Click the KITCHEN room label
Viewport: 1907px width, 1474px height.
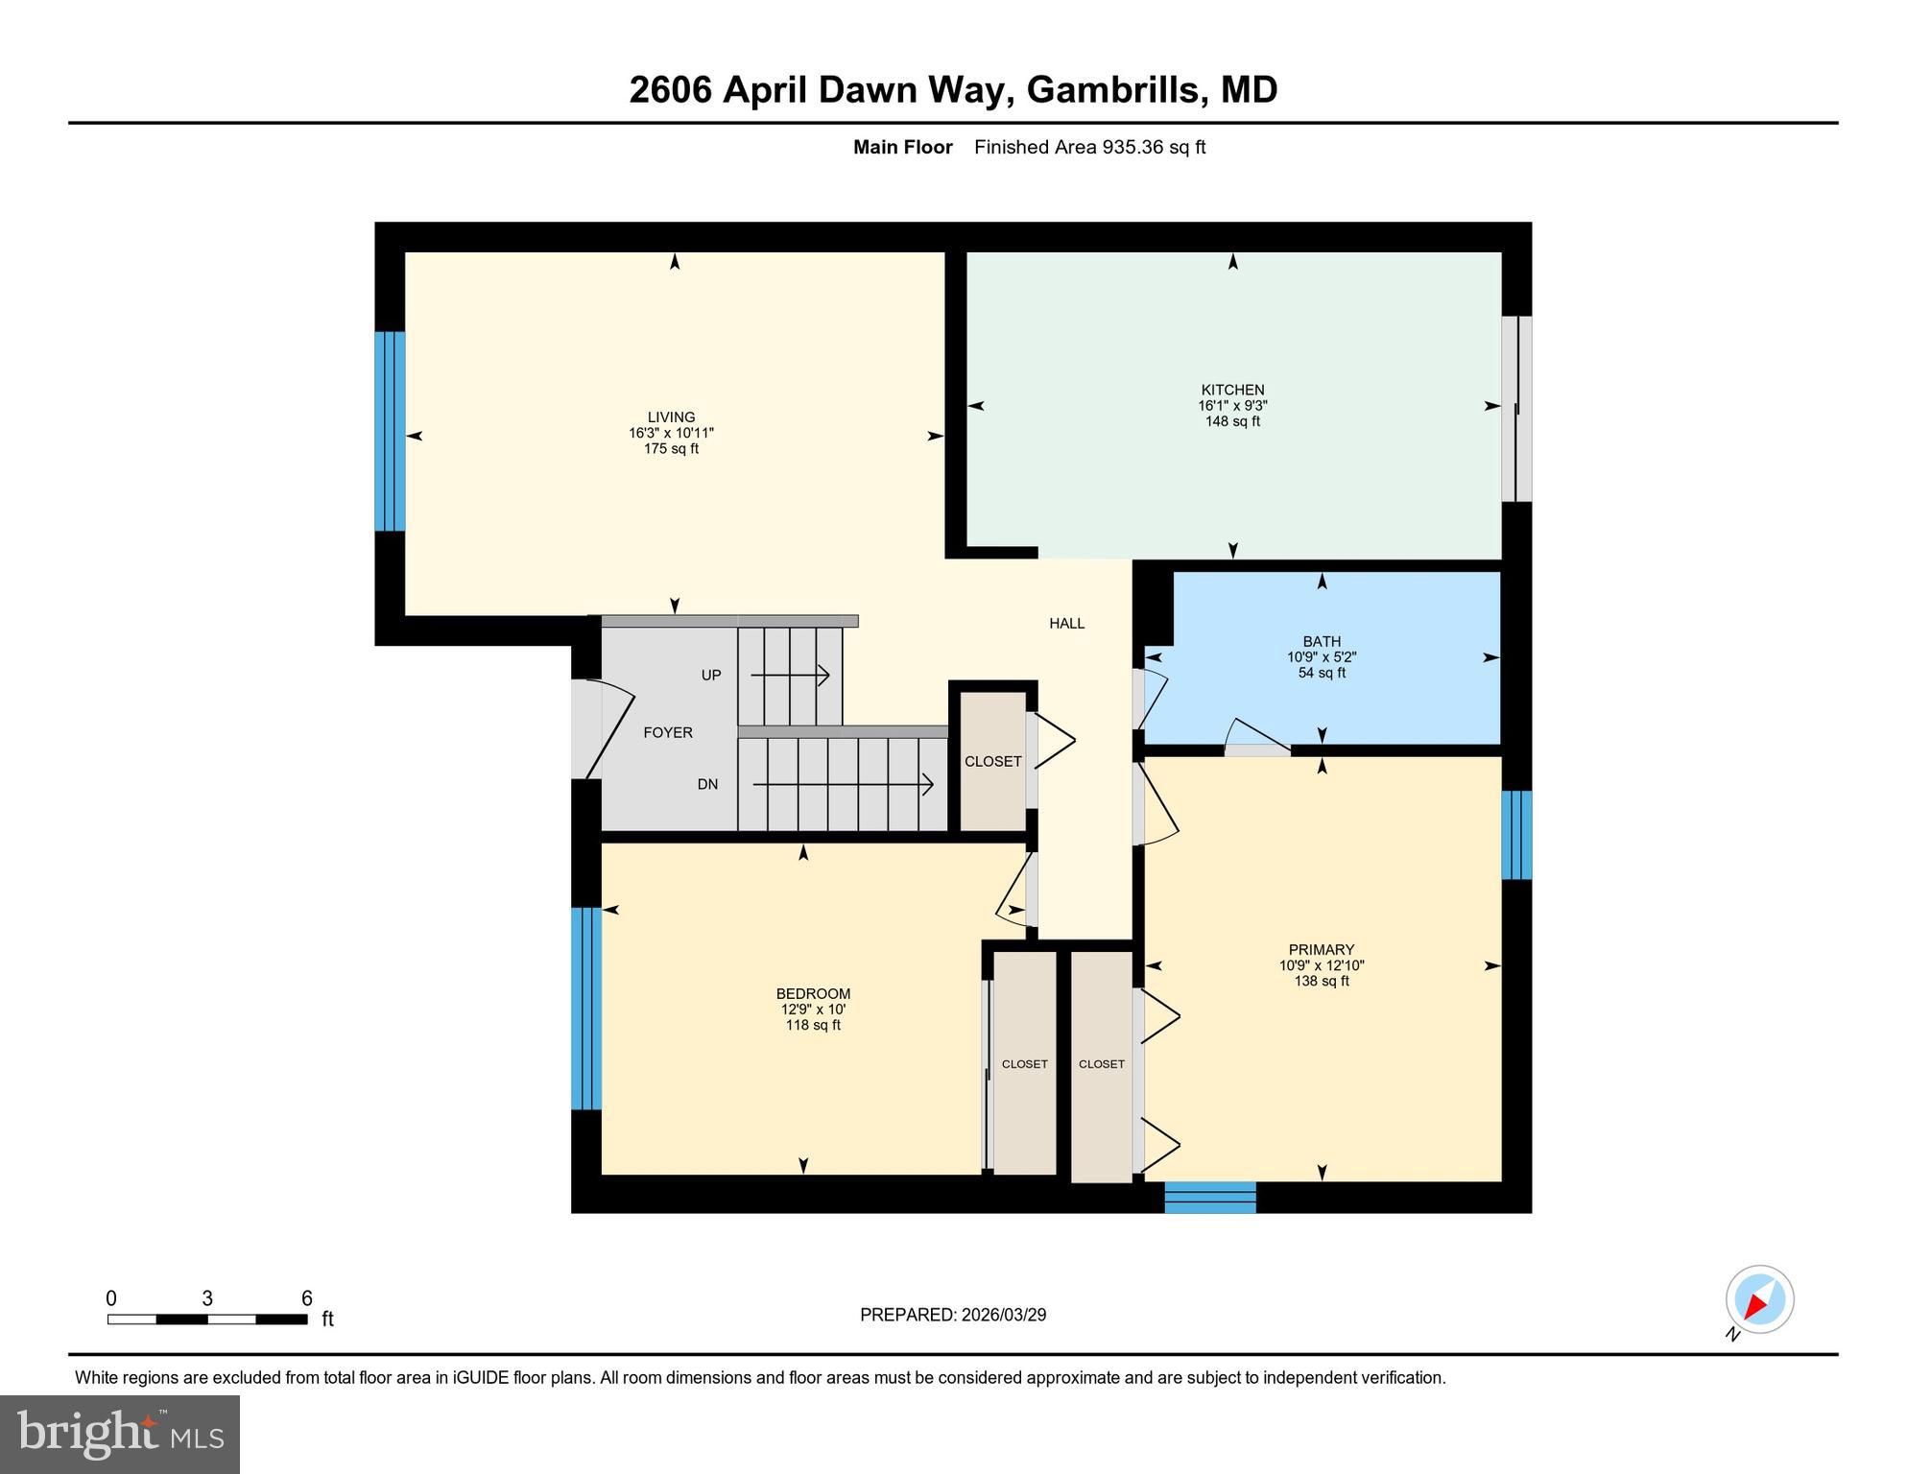[x=1232, y=390]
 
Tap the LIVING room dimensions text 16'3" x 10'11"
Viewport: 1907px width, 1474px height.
[x=671, y=433]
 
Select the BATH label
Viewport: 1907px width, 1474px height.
[x=1322, y=641]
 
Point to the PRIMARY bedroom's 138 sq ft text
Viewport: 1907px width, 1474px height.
[x=1322, y=981]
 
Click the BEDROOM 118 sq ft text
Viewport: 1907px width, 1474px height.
[x=813, y=1025]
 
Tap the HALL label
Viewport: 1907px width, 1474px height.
[x=1066, y=623]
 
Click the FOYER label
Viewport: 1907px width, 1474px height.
[x=668, y=732]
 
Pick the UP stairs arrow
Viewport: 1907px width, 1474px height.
[x=790, y=676]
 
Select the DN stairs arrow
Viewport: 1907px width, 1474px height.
[x=843, y=785]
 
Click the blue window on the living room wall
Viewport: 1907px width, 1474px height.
[x=390, y=431]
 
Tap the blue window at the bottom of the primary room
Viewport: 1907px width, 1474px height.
[x=1210, y=1198]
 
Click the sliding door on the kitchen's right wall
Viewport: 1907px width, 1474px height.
[x=1516, y=409]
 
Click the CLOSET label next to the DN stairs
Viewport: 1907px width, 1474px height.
[x=992, y=761]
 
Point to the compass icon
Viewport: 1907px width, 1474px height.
[x=1759, y=1300]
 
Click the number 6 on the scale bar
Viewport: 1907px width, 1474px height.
[x=307, y=1298]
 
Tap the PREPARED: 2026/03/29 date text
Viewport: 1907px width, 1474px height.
[x=953, y=1315]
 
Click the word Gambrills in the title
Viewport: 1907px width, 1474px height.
[x=1112, y=89]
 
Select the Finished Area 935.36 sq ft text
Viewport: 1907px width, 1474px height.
[x=1089, y=147]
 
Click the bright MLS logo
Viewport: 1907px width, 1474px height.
[x=120, y=1434]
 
